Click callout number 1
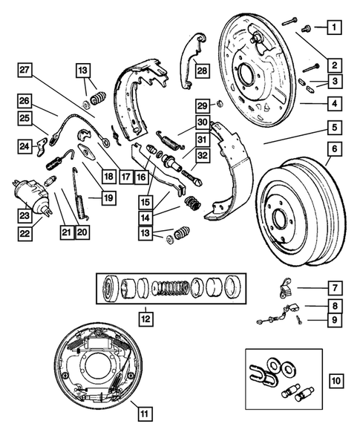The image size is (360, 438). (336, 29)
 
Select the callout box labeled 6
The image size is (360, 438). (336, 151)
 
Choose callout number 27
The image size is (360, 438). (25, 71)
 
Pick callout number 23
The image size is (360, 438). (25, 218)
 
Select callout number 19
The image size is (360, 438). (108, 198)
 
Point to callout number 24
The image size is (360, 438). (25, 146)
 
